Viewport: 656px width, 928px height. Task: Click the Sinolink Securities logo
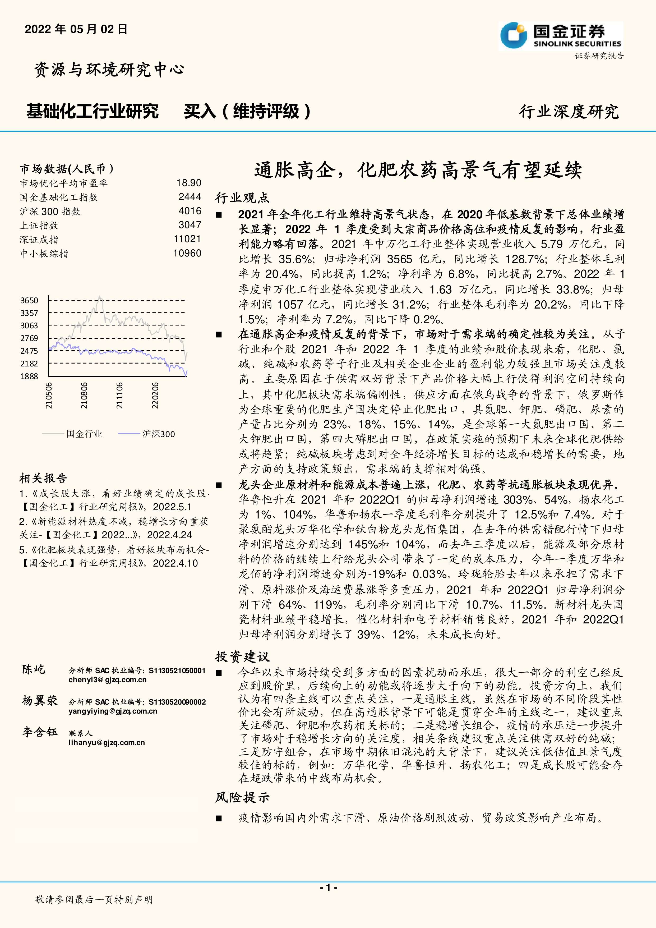click(x=561, y=36)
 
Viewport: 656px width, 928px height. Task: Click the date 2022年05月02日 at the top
click(x=76, y=29)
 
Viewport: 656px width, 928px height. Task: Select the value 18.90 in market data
click(x=189, y=183)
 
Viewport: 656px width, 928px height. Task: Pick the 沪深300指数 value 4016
click(x=190, y=211)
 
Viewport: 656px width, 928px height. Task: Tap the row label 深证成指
click(x=39, y=240)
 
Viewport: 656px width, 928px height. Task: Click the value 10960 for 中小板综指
click(x=187, y=254)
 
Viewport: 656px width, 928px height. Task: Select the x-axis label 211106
click(x=119, y=395)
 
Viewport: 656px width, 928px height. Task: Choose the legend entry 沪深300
click(x=158, y=434)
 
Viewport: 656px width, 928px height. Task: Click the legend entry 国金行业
click(x=84, y=434)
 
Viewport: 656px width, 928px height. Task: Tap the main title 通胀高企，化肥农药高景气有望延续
click(x=418, y=170)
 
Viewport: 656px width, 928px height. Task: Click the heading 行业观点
click(x=242, y=198)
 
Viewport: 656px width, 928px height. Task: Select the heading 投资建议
click(x=242, y=657)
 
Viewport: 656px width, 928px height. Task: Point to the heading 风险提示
click(x=242, y=797)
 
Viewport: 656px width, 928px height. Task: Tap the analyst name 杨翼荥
click(x=40, y=700)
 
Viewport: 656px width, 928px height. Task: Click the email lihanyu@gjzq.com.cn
click(x=107, y=742)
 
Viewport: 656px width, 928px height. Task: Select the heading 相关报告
click(x=43, y=479)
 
